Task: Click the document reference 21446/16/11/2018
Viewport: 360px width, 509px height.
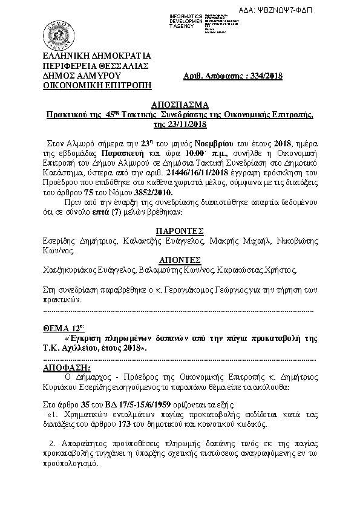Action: point(202,173)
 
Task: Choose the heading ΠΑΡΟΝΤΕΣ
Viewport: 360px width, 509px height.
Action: point(179,230)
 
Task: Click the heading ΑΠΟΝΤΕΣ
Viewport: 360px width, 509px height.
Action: point(179,259)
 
